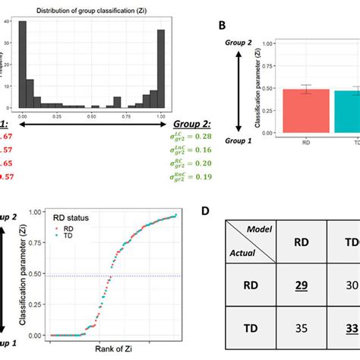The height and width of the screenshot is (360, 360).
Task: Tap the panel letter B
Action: (x=222, y=24)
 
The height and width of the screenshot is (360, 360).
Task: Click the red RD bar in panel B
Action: (x=307, y=111)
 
